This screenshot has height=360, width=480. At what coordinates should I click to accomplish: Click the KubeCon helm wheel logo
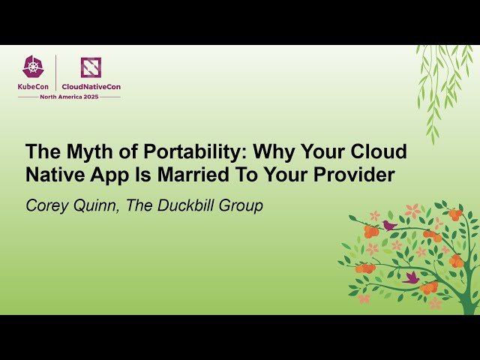[x=33, y=68]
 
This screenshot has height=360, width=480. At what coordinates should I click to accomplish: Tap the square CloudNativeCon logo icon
[x=91, y=68]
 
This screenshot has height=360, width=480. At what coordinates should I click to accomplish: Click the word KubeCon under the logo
[x=34, y=87]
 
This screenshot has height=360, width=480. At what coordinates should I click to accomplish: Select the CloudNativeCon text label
[x=91, y=87]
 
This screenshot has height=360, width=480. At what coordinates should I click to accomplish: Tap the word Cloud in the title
[x=379, y=152]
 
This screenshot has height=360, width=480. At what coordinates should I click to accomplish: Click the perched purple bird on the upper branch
[x=389, y=225]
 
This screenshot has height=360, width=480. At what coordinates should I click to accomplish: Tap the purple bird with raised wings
[x=410, y=277]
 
